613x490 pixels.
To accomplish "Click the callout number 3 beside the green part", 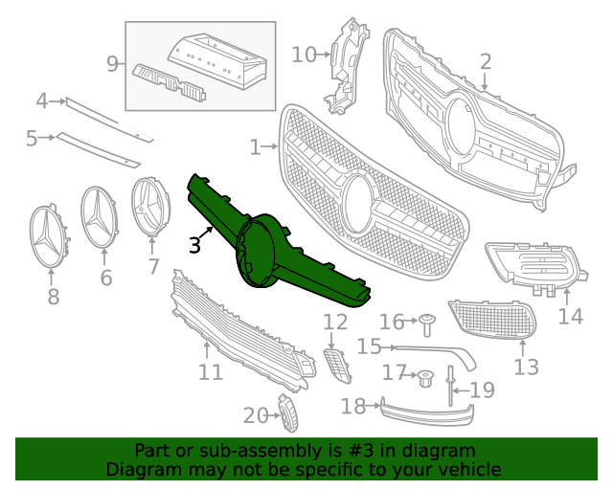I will pos(194,245).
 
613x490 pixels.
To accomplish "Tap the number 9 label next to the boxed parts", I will pos(113,64).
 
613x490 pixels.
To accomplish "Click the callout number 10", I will pos(302,55).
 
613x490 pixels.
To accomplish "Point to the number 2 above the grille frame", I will pos(486,62).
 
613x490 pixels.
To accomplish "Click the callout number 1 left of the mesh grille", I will pos(255,147).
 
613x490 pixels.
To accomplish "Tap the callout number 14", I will pos(570,315).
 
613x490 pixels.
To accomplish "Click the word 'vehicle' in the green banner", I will pos(467,469).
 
